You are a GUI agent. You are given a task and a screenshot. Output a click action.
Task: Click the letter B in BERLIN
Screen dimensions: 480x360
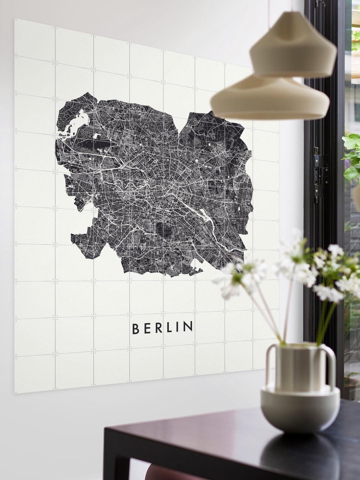pos(136,329)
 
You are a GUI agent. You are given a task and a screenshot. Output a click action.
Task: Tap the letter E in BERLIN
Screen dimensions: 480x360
pos(147,328)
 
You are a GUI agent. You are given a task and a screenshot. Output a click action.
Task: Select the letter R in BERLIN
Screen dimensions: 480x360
pos(158,328)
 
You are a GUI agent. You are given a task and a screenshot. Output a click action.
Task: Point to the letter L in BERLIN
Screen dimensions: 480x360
pos(170,328)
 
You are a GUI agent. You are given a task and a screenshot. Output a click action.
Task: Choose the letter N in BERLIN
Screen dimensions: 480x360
pos(188,326)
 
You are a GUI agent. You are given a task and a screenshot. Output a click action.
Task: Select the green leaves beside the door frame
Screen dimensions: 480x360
pos(352,156)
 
